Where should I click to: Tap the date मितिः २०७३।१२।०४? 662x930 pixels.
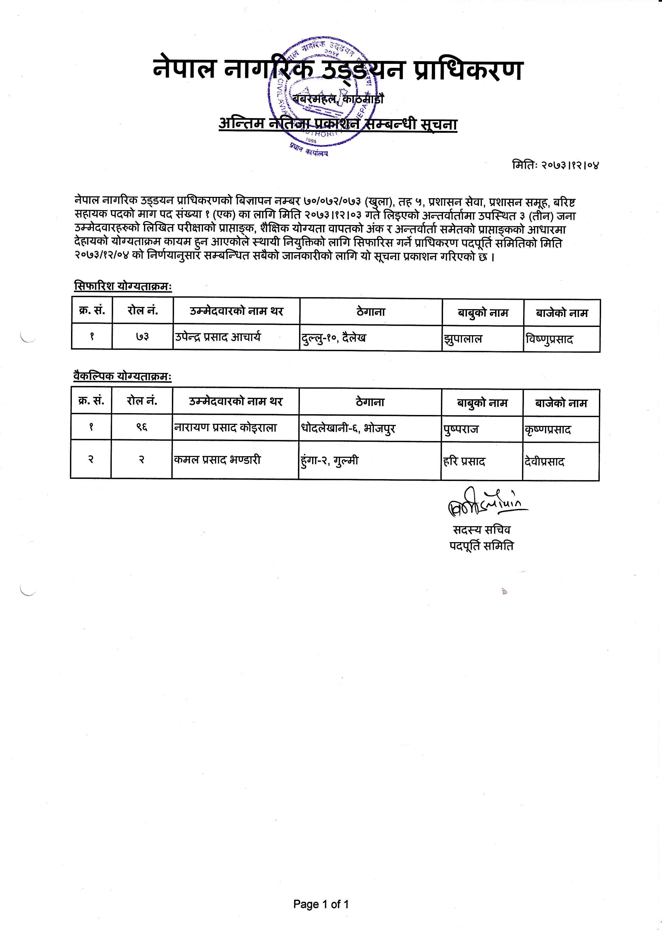pos(555,165)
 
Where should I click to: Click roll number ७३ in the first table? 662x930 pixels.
pos(142,337)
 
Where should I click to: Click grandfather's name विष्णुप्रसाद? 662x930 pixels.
pos(549,339)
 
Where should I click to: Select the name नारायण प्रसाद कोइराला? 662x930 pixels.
pos(225,427)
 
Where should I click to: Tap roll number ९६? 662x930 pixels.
pos(142,427)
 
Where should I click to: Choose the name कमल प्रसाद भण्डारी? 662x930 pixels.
pos(217,460)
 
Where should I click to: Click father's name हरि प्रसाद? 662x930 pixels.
pos(464,462)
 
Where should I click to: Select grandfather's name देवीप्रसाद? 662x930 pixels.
pos(545,462)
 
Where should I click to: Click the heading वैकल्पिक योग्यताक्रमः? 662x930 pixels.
pos(122,376)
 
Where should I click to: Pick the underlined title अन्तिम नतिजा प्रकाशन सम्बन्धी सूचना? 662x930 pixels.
pos(338,123)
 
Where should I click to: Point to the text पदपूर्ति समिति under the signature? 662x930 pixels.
pos(481,546)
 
